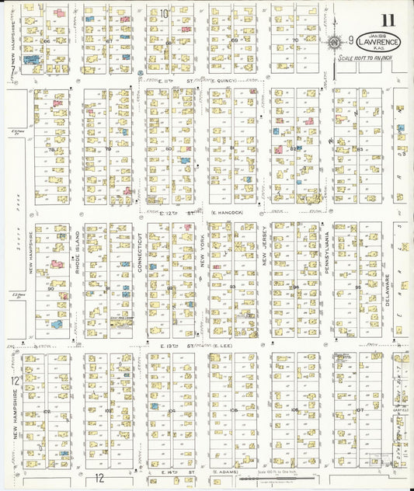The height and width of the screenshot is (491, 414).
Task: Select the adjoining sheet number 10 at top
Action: (x=164, y=13)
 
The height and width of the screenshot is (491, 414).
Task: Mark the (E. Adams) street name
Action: (x=226, y=472)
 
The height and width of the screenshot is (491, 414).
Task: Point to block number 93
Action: (x=233, y=287)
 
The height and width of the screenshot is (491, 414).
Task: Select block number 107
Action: (x=359, y=410)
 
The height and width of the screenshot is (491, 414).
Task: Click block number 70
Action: (x=295, y=40)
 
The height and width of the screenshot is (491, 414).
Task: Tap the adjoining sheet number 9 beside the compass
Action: (x=350, y=40)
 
